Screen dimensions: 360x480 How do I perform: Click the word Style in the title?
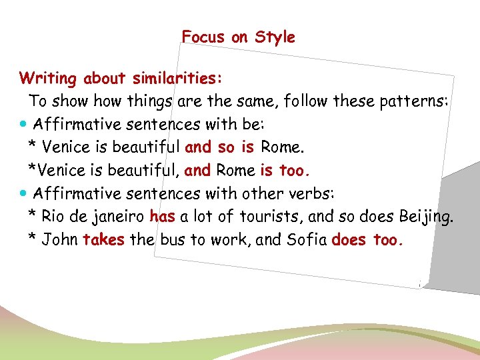(274, 38)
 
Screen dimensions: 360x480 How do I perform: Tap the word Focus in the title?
(204, 37)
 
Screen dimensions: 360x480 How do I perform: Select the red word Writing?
(49, 79)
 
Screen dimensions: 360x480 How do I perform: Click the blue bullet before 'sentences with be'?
(24, 125)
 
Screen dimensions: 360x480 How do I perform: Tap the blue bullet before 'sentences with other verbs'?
(24, 194)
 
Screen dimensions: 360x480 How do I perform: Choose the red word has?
(162, 217)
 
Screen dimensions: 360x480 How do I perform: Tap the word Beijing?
(425, 217)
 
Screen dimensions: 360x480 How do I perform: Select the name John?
(60, 239)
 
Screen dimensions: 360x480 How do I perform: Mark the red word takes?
(104, 239)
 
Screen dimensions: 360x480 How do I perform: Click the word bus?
(171, 239)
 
